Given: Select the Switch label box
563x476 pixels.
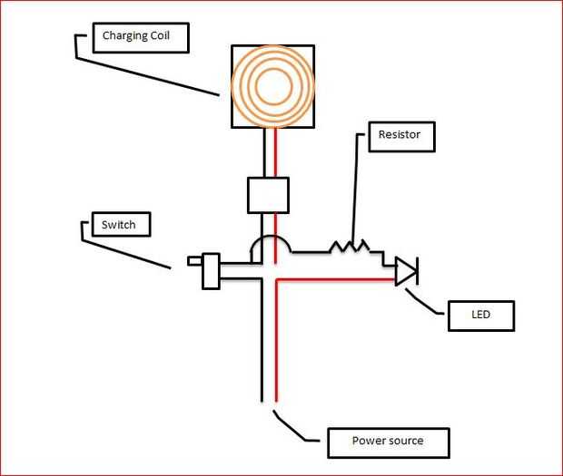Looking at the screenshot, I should click(x=118, y=223).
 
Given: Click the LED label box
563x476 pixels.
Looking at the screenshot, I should click(x=481, y=316).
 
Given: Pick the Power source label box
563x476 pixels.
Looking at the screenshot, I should click(x=388, y=442).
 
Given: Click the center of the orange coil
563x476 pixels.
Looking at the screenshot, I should click(x=272, y=85).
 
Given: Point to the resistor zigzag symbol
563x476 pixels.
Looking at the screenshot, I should click(x=350, y=247).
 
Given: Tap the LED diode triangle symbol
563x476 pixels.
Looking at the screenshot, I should click(x=405, y=270).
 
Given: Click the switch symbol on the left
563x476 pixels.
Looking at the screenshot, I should click(x=209, y=270).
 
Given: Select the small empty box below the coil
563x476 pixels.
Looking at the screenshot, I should click(x=268, y=195).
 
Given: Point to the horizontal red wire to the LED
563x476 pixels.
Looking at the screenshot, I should click(x=336, y=280).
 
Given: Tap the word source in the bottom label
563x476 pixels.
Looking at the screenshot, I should click(x=404, y=442).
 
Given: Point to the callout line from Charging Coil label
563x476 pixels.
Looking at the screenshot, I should click(x=145, y=73).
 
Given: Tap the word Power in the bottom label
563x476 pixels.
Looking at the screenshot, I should click(x=369, y=442).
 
